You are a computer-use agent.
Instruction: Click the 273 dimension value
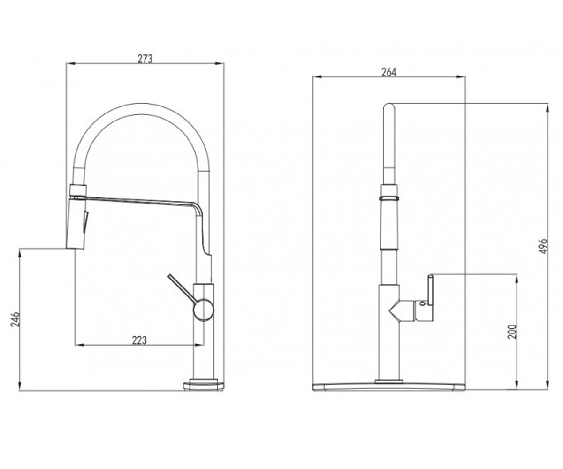tap(145, 59)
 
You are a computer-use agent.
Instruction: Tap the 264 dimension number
tap(389, 72)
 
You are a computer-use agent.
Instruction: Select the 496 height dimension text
tap(544, 246)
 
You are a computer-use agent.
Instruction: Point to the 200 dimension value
tap(512, 332)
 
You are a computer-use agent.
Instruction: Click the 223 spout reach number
tap(139, 340)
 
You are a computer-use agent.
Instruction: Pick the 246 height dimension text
tap(15, 319)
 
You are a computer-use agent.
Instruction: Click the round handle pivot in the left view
tap(204, 310)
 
